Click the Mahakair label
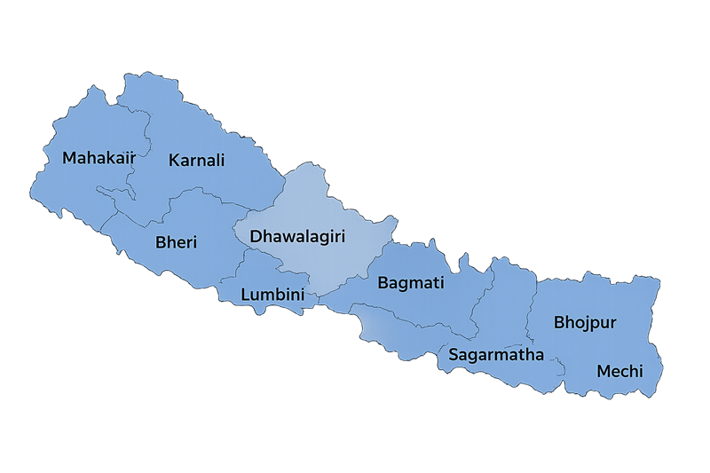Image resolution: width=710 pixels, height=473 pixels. (x=99, y=158)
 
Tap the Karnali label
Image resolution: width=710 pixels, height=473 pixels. (x=196, y=161)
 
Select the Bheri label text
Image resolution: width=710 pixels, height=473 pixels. (x=176, y=242)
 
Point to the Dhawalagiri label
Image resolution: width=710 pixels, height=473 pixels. (x=297, y=237)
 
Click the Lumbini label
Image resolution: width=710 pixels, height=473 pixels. (x=272, y=294)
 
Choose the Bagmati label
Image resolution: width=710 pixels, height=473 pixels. (x=411, y=284)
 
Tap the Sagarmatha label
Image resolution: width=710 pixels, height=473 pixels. (x=495, y=355)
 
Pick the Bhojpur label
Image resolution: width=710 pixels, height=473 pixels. (x=585, y=321)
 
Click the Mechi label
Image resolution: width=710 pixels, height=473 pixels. (x=619, y=371)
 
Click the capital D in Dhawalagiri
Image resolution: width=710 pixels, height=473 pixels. (x=256, y=237)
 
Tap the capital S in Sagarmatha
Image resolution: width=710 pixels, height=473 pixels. (x=454, y=355)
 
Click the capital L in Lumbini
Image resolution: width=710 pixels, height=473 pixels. (x=246, y=294)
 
